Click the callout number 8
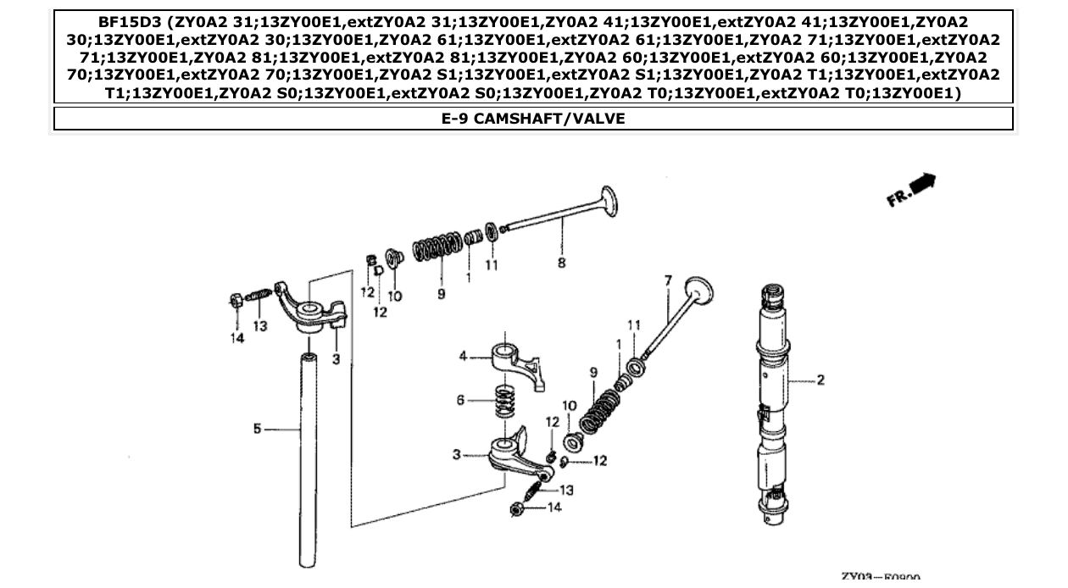(x=562, y=263)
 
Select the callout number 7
(x=667, y=280)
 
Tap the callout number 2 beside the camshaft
(x=820, y=380)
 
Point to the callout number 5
(x=257, y=430)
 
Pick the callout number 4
(x=463, y=357)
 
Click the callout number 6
(x=460, y=400)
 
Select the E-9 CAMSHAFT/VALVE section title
(x=533, y=119)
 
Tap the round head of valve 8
(x=608, y=202)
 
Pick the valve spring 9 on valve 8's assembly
(x=437, y=247)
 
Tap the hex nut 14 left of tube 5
(x=236, y=300)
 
